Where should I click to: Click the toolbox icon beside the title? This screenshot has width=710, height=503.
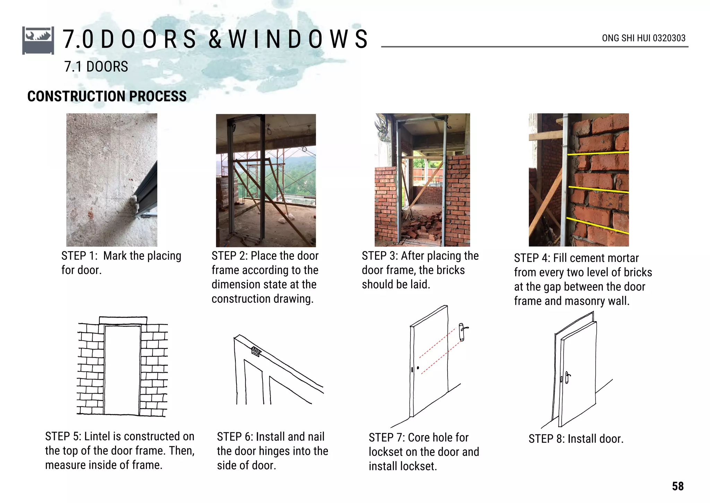38,40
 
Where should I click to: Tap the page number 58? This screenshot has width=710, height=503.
678,486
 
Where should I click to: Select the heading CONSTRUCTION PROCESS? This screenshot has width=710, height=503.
107,96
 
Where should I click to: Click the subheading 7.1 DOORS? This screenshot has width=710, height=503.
96,67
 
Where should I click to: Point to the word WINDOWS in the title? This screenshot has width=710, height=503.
298,39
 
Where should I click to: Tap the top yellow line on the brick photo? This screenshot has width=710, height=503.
598,153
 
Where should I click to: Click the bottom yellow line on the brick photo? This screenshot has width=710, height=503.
598,226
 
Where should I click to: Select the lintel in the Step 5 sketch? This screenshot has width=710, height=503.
123,320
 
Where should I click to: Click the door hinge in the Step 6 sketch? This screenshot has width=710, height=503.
256,351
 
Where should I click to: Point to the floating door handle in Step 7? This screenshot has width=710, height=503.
462,332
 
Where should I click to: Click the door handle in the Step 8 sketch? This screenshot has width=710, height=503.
567,378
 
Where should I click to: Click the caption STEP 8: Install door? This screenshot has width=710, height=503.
576,439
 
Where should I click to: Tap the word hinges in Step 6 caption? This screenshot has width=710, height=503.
275,451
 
